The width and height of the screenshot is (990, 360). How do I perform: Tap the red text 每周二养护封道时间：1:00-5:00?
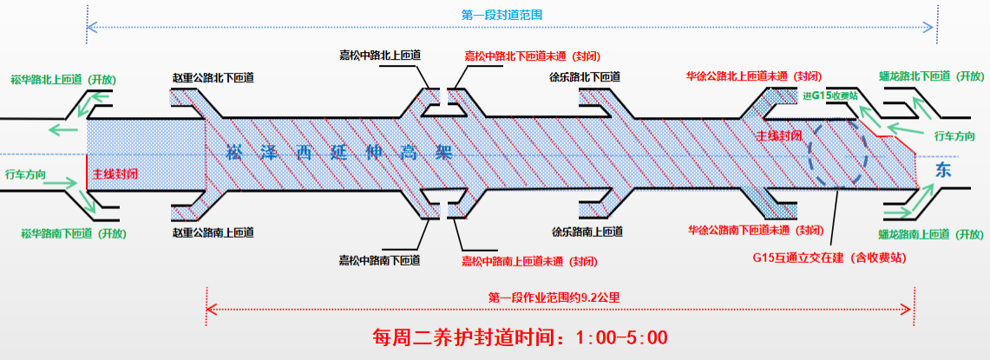520,337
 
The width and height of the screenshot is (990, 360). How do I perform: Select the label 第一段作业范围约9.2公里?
554,297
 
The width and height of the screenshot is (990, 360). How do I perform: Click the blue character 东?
943,171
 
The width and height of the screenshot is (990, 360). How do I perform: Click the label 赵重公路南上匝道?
213,232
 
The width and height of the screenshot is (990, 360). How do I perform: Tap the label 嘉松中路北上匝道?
380,56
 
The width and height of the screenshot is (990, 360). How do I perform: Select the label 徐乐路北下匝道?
586,76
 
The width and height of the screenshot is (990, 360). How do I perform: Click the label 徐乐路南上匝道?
587,232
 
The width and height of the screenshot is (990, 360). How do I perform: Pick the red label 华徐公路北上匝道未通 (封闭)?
753,76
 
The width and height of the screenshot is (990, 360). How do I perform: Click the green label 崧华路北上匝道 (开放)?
63,79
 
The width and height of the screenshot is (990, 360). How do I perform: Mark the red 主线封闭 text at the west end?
115,173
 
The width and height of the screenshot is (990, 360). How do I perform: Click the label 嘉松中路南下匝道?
379,260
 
